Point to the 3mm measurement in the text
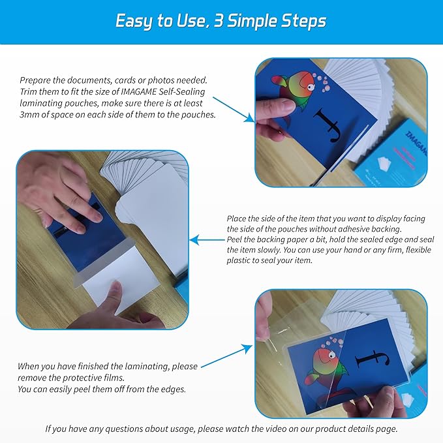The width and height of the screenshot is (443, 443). [x=33, y=114]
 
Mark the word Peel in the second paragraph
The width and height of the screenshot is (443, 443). [x=237, y=239]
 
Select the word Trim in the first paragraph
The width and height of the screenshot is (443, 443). [x=30, y=91]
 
